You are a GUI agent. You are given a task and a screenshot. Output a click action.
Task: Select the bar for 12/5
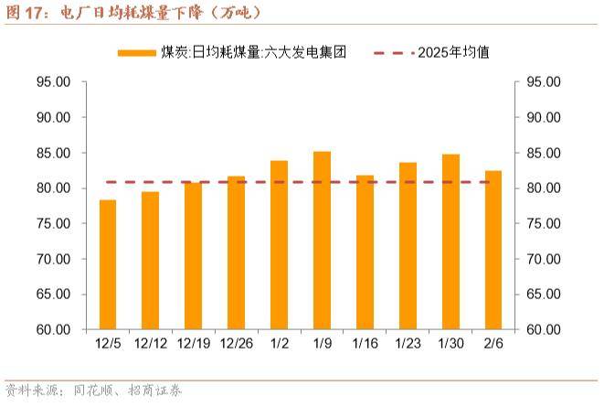pos(108,265)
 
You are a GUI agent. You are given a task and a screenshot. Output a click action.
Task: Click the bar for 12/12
pos(151,262)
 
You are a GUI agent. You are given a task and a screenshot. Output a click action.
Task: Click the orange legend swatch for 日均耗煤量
pos(137,52)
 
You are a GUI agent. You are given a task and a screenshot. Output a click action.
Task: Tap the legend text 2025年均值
pos(453,52)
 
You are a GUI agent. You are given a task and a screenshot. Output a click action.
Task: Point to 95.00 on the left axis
pos(53,82)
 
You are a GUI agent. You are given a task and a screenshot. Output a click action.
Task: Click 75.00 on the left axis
pos(53,224)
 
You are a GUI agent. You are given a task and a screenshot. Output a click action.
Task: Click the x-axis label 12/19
pos(194,345)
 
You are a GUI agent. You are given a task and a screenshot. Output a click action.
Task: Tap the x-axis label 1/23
pos(408,345)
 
